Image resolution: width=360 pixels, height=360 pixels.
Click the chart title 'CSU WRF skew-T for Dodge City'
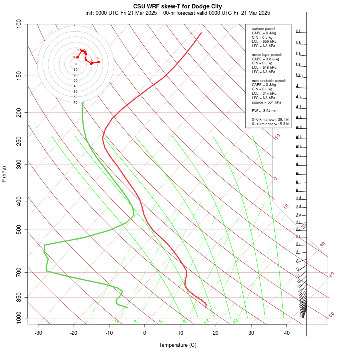(178, 6)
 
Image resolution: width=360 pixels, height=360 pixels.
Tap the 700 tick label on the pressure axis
(19, 272)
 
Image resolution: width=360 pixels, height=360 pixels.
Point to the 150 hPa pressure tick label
(19, 76)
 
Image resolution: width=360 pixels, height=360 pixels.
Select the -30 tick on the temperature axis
(38, 332)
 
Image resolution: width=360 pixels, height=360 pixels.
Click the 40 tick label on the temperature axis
(287, 332)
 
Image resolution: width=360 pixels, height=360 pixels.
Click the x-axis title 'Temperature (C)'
(178, 345)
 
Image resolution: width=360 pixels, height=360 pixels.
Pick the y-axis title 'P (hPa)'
(4, 174)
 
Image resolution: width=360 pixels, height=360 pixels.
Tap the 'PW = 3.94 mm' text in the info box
(264, 110)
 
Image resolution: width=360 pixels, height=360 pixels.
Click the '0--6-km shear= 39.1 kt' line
(270, 119)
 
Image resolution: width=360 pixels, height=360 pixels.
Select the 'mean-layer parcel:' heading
(267, 54)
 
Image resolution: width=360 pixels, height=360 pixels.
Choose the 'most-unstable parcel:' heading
(269, 80)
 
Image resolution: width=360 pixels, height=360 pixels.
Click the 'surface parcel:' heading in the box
(264, 28)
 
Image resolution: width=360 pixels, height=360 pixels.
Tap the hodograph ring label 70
(76, 102)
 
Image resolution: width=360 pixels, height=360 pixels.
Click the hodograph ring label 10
(76, 70)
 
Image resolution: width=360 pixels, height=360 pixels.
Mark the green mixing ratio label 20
(235, 321)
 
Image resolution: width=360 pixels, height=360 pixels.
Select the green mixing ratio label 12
(207, 321)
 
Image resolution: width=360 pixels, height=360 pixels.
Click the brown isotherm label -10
(277, 137)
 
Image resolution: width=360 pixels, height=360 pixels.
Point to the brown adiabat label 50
(331, 314)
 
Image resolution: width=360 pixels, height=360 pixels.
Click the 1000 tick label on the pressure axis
(18, 318)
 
